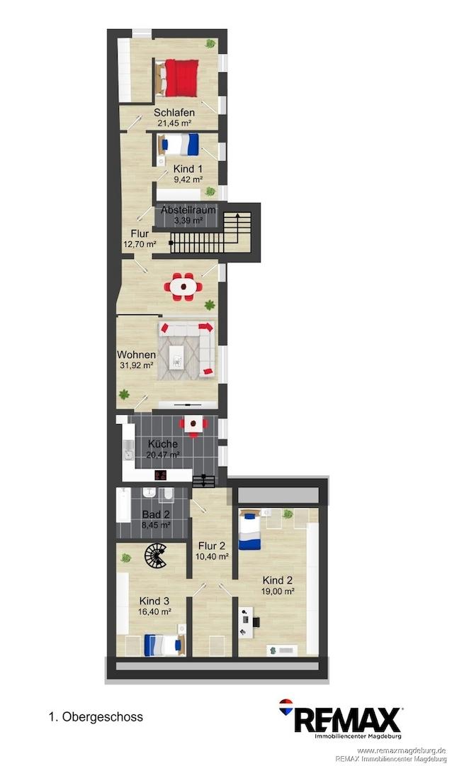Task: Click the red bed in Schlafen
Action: pos(177,78)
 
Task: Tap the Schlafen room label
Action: pos(174,113)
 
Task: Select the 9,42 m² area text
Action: pos(188,179)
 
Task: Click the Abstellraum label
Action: pos(188,210)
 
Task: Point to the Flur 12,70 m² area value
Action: pos(140,244)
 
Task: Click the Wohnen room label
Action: pos(136,355)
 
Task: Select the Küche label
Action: pos(163,444)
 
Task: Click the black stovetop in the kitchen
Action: pos(161,474)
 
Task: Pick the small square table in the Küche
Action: pos(193,425)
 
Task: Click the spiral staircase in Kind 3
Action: pos(155,556)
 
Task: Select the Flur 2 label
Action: pos(212,545)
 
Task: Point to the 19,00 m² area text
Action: pos(278,591)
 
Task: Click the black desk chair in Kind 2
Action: pos(255,622)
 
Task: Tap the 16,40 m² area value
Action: pos(154,611)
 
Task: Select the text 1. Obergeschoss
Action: pos(96,717)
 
